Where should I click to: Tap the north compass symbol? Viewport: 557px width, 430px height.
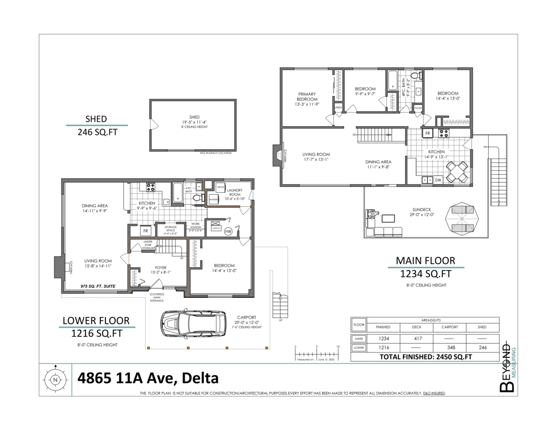55,380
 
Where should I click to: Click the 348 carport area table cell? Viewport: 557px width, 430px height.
449,347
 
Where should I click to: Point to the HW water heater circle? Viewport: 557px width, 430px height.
228,231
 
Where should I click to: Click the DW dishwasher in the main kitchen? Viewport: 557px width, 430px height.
438,180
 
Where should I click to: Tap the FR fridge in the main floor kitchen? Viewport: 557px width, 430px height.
427,134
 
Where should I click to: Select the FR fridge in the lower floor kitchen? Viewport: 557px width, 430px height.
145,231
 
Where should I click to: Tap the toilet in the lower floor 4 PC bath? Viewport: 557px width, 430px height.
196,198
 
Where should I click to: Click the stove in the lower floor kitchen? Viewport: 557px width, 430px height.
151,187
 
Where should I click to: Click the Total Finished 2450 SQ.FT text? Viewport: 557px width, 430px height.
425,357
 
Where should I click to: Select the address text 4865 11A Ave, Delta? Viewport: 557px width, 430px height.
148,378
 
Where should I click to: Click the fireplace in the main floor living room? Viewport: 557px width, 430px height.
277,154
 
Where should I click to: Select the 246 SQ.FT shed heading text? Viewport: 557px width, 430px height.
97,132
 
